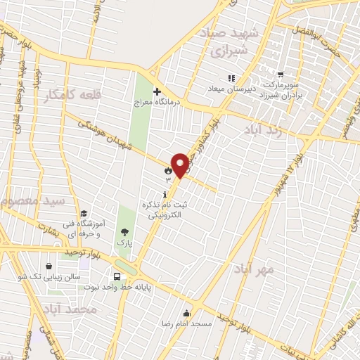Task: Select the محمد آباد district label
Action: click(67, 309)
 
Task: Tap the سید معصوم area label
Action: click(34, 202)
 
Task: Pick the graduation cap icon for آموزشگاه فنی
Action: click(84, 214)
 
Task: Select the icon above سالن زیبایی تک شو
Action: click(48, 266)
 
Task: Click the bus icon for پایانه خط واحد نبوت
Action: click(117, 276)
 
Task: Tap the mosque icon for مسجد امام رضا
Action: click(187, 314)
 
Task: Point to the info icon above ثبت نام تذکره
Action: click(165, 194)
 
